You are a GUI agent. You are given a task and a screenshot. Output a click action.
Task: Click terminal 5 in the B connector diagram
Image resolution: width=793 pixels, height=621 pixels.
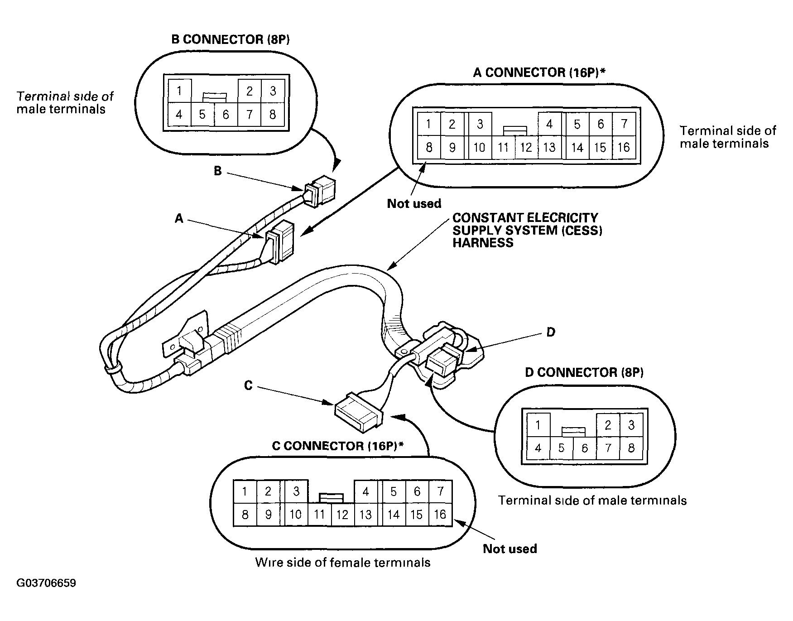click(x=202, y=114)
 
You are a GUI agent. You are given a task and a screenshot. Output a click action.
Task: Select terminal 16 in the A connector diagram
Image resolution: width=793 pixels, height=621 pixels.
click(x=624, y=147)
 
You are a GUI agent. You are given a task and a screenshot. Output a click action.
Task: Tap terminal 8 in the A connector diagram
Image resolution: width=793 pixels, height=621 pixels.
click(x=429, y=147)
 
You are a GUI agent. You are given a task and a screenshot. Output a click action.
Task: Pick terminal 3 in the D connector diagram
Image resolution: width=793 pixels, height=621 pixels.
click(x=631, y=425)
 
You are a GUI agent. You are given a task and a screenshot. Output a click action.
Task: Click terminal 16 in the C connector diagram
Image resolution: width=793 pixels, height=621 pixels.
click(x=440, y=515)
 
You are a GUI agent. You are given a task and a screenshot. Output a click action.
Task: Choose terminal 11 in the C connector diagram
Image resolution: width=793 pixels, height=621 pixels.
click(x=319, y=515)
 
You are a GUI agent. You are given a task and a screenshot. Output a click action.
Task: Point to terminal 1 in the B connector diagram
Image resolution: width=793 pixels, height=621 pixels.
click(x=179, y=91)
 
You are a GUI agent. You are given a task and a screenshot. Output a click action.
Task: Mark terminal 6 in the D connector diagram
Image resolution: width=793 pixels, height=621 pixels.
click(x=585, y=448)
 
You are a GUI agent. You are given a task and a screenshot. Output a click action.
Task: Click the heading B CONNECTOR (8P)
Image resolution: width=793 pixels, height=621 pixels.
click(x=231, y=39)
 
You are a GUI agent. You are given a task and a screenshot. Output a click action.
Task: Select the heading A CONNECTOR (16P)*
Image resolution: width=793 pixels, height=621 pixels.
click(x=539, y=72)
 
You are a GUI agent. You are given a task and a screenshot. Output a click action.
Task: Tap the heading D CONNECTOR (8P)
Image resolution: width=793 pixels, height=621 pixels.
click(x=584, y=372)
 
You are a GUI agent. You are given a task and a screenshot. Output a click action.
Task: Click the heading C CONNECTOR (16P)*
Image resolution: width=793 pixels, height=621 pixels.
click(x=338, y=446)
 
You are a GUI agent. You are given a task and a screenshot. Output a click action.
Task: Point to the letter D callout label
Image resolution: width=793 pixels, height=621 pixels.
click(x=551, y=332)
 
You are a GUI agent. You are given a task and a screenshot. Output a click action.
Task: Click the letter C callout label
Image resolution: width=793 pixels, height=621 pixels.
click(x=248, y=385)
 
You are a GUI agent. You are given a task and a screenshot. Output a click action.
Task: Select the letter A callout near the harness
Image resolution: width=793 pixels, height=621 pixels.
click(x=179, y=219)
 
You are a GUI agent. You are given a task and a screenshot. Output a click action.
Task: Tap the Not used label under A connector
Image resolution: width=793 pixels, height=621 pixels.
click(x=414, y=204)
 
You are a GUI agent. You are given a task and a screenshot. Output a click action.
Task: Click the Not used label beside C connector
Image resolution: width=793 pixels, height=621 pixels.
click(x=510, y=549)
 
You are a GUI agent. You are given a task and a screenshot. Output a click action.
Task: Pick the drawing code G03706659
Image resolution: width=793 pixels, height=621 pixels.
click(x=46, y=583)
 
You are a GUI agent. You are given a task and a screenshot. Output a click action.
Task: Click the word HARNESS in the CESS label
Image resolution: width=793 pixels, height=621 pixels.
click(x=483, y=243)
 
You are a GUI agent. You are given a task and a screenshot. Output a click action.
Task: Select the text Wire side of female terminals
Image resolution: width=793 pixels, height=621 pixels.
click(x=343, y=563)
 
